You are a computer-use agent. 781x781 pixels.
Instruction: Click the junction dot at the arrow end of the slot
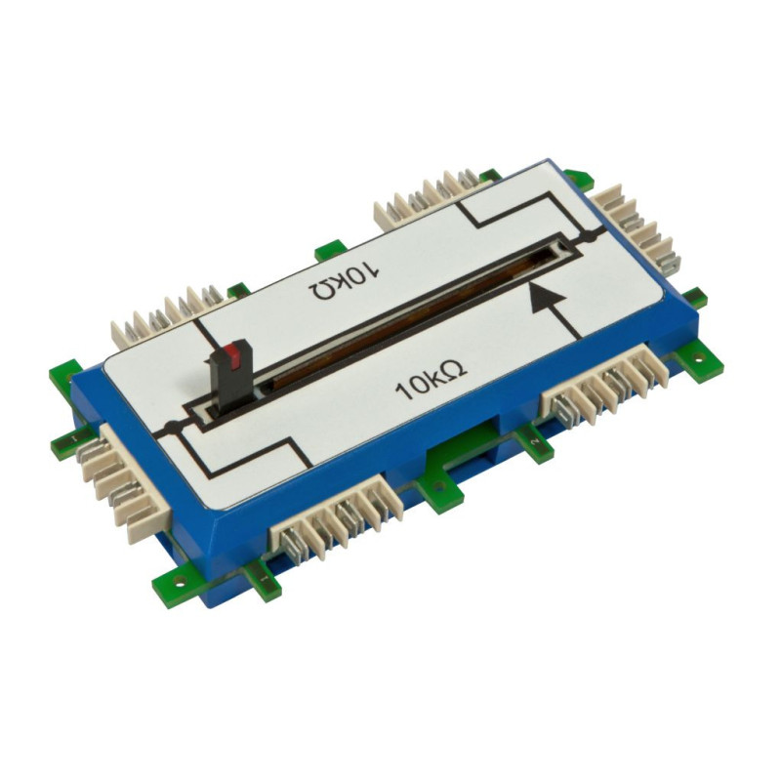(x=590, y=237)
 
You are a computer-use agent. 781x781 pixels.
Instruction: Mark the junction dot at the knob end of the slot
(x=171, y=427)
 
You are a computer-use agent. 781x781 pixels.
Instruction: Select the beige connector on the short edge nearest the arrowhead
(x=637, y=226)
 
